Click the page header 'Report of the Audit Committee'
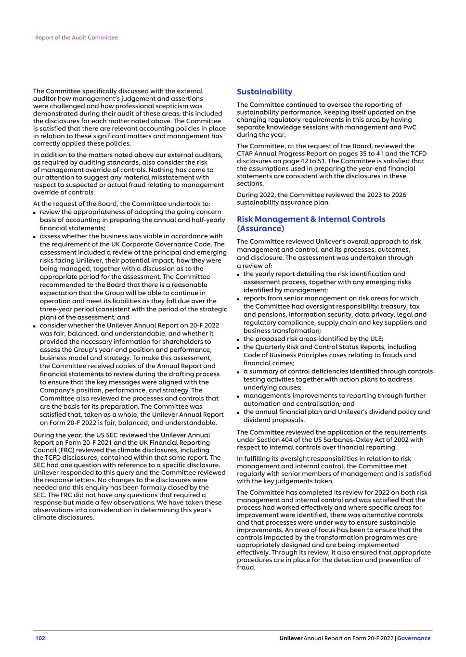[x=76, y=38]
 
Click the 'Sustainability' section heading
[x=264, y=92]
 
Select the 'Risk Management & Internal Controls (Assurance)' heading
[x=311, y=224]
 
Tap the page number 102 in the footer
[x=40, y=638]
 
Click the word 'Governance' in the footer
[x=414, y=638]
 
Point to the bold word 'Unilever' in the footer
[x=291, y=638]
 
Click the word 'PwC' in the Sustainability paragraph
[x=410, y=127]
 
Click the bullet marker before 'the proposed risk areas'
[x=238, y=339]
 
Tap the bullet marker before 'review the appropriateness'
[x=35, y=212]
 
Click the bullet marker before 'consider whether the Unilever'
[x=35, y=326]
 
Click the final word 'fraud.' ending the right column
[x=246, y=567]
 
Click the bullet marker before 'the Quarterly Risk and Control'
[x=238, y=348]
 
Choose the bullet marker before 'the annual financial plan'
[x=238, y=412]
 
